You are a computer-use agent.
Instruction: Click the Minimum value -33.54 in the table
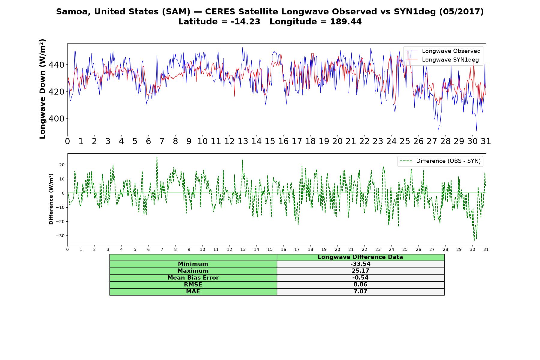pyautogui.click(x=360, y=264)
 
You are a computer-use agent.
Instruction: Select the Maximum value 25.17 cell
pyautogui.click(x=360, y=271)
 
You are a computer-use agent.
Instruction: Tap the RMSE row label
pyautogui.click(x=193, y=285)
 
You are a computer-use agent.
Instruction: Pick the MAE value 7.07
pyautogui.click(x=360, y=292)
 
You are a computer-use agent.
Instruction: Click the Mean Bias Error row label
pyautogui.click(x=193, y=278)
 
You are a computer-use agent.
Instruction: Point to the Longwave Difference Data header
pyautogui.click(x=360, y=257)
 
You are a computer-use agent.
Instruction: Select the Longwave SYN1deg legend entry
pyautogui.click(x=442, y=60)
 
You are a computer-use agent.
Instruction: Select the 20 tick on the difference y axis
pyautogui.click(x=62, y=165)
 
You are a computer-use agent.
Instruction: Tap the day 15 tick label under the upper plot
pyautogui.click(x=270, y=141)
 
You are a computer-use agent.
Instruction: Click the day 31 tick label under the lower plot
pyautogui.click(x=486, y=250)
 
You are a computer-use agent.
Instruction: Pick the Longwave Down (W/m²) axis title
pyautogui.click(x=42, y=89)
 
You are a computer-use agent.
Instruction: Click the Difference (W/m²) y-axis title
pyautogui.click(x=51, y=199)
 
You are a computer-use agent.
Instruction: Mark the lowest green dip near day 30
pyautogui.click(x=474, y=240)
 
